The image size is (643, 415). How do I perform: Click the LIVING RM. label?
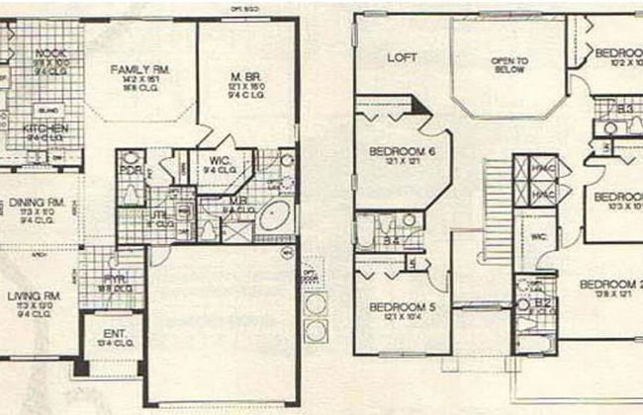pos(39,295)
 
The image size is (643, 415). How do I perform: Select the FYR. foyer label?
pos(116,280)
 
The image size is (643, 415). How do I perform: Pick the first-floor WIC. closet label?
pos(219,160)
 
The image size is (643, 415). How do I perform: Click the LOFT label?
pos(400,56)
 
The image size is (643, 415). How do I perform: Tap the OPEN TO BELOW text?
pos(510,65)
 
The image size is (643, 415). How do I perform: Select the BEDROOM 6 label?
pos(397,150)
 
